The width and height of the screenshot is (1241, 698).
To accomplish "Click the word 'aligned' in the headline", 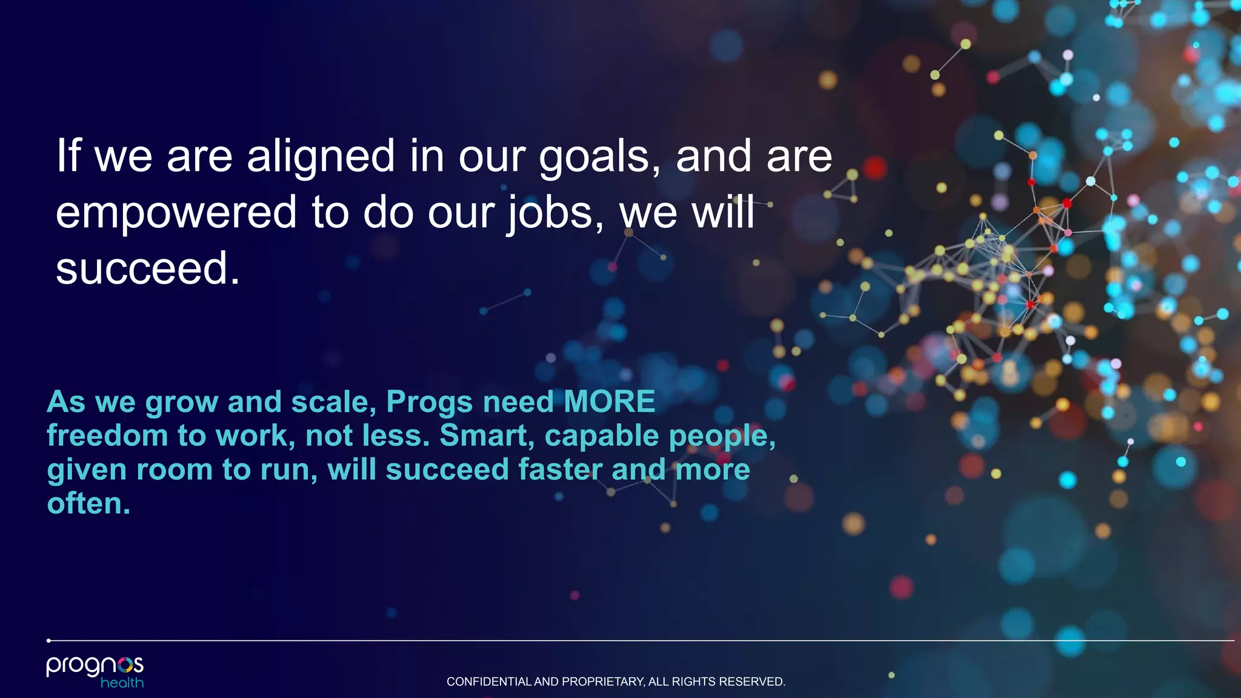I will click(x=321, y=157).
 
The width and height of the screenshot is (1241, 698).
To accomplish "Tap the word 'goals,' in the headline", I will click(x=599, y=157).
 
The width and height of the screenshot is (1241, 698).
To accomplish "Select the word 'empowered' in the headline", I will click(x=176, y=213).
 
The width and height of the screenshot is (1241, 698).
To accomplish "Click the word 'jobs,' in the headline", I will click(x=555, y=213).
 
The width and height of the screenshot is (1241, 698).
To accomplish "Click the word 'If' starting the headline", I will click(x=68, y=156).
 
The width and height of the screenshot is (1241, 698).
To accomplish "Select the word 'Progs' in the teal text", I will click(x=429, y=402).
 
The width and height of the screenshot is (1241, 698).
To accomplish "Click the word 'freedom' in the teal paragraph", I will click(x=107, y=436).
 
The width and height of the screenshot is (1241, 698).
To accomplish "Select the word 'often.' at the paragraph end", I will click(x=88, y=504).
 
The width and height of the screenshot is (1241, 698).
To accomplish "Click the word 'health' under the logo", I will click(x=122, y=683).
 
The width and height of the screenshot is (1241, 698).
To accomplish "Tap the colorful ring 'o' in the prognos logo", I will click(x=125, y=665).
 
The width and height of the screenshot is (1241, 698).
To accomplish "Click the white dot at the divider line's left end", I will click(x=48, y=640).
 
